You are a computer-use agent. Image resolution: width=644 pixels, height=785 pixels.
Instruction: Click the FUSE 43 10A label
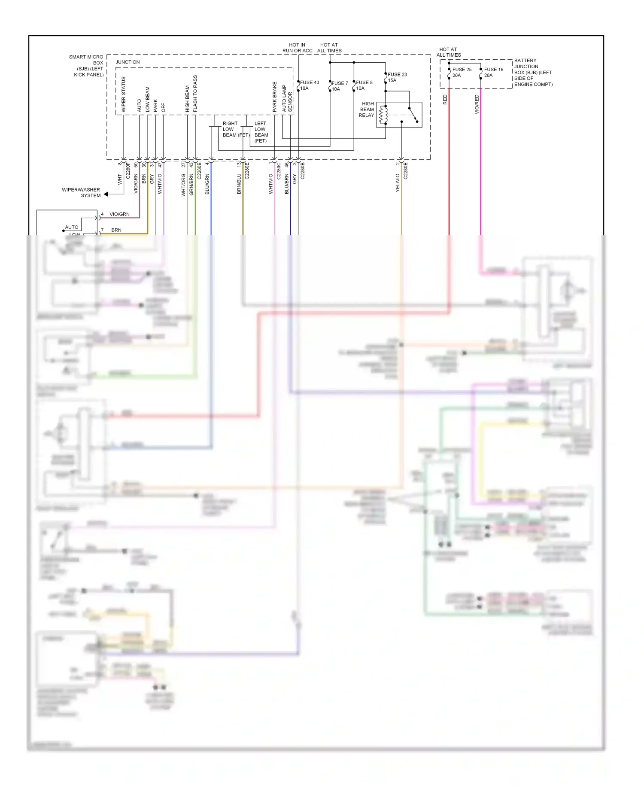pyautogui.click(x=309, y=85)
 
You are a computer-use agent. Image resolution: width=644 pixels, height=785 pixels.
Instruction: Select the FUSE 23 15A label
pyautogui.click(x=397, y=77)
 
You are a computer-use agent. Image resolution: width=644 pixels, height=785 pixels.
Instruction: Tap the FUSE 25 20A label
pyautogui.click(x=462, y=72)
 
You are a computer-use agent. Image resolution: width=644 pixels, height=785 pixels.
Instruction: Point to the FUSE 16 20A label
pyautogui.click(x=493, y=72)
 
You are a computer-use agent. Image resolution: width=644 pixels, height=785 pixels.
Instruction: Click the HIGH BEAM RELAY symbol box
pyautogui.click(x=399, y=115)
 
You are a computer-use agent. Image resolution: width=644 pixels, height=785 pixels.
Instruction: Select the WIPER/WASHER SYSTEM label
pyautogui.click(x=82, y=192)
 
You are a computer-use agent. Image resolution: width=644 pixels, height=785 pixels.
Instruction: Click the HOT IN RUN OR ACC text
pyautogui.click(x=297, y=48)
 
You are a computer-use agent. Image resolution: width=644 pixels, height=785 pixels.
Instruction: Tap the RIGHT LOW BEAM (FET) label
pyautogui.click(x=235, y=129)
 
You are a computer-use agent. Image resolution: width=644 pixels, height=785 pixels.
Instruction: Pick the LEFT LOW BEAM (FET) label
pyautogui.click(x=261, y=132)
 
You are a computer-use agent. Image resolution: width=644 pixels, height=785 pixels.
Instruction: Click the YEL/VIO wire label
pyautogui.click(x=398, y=183)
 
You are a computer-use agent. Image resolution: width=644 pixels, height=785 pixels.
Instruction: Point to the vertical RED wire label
pyautogui.click(x=445, y=100)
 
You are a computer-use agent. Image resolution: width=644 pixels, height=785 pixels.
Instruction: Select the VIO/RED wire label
pyautogui.click(x=477, y=104)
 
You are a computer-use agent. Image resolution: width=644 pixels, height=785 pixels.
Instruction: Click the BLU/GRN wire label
pyautogui.click(x=207, y=184)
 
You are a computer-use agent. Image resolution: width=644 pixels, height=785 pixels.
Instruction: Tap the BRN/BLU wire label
pyautogui.click(x=239, y=184)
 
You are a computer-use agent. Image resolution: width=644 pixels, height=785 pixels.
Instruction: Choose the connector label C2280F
pyautogui.click(x=128, y=170)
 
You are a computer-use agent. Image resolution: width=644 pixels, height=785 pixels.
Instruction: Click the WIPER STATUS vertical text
pyautogui.click(x=124, y=94)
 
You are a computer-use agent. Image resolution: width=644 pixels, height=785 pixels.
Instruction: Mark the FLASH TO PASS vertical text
pyautogui.click(x=195, y=94)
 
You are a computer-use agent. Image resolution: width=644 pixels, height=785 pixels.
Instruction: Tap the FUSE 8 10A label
pyautogui.click(x=364, y=85)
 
